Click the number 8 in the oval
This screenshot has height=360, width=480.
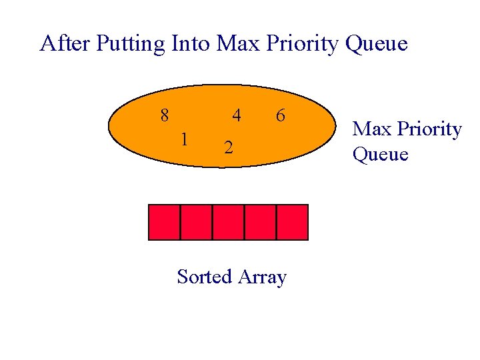[165, 115]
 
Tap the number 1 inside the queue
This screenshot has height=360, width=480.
[185, 139]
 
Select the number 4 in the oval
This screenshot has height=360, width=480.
[236, 115]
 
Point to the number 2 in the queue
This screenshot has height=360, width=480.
[228, 147]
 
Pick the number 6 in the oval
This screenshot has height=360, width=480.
[281, 115]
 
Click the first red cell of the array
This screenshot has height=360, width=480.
[164, 222]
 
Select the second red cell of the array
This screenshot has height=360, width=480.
[196, 222]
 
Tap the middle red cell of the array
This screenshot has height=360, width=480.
[228, 222]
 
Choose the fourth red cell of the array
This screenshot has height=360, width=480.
[260, 222]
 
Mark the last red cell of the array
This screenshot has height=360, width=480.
[292, 222]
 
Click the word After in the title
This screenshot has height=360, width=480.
[65, 44]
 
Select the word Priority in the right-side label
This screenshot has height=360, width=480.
[427, 129]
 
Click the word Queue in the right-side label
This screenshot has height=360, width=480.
[380, 155]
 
